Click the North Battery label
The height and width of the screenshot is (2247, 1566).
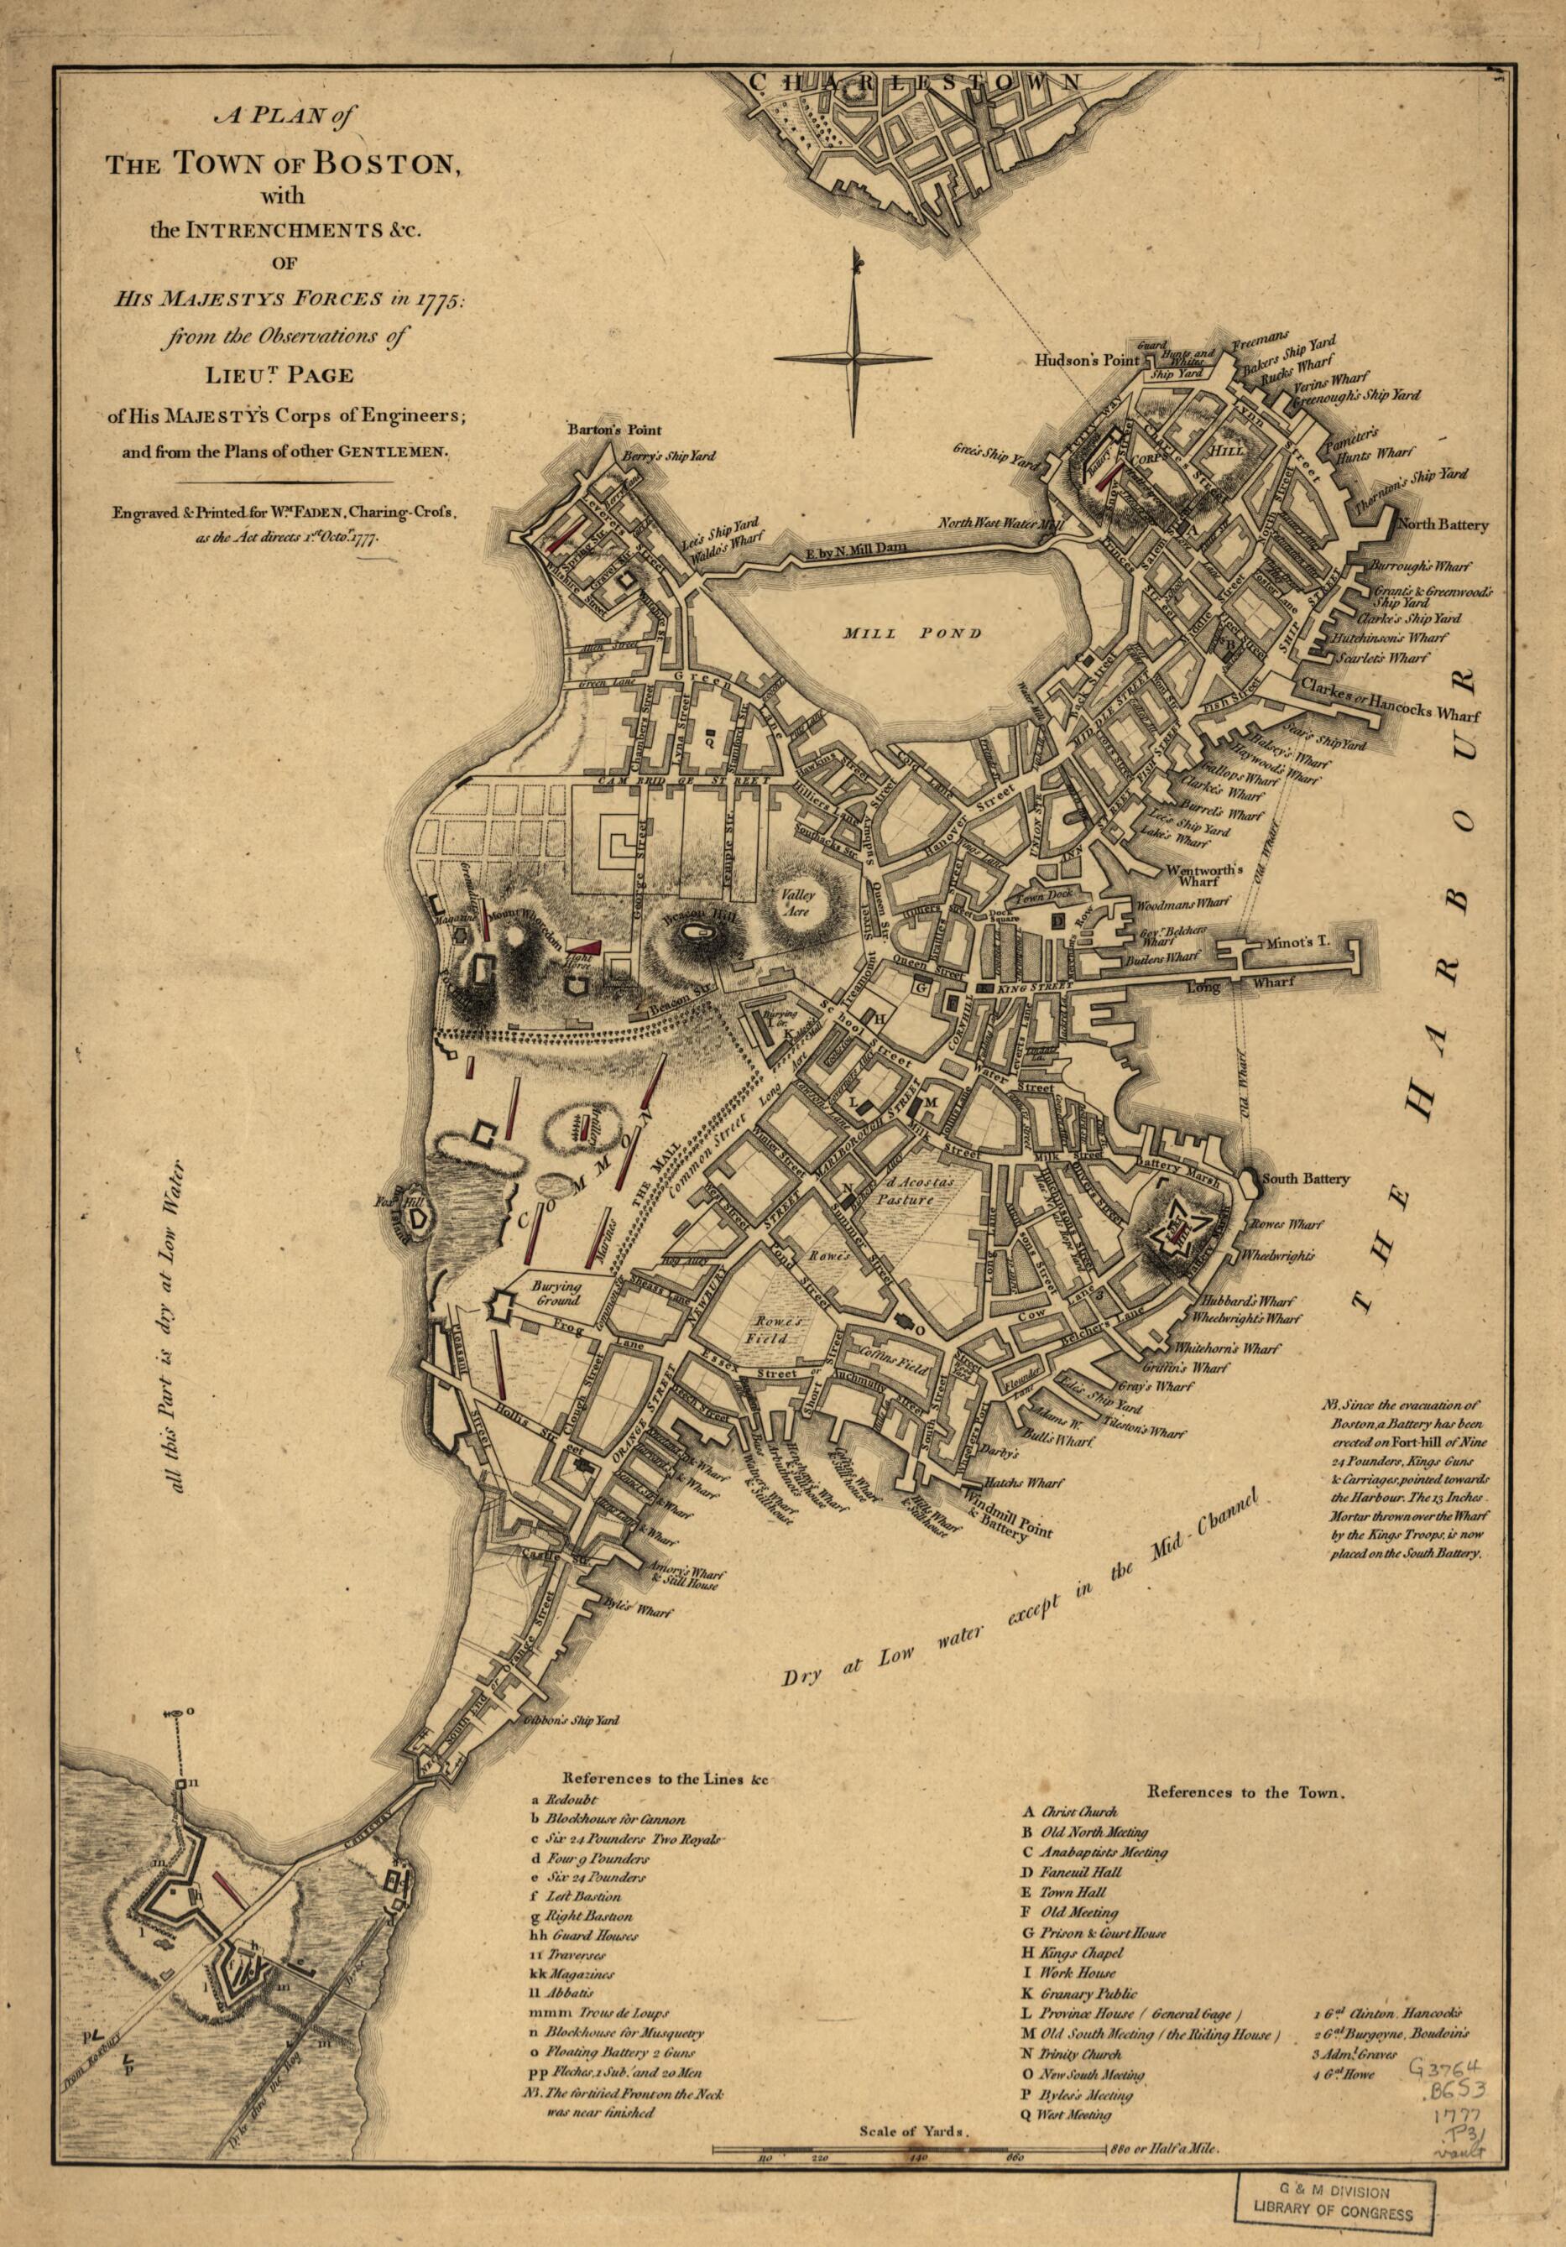[x=1443, y=524]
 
